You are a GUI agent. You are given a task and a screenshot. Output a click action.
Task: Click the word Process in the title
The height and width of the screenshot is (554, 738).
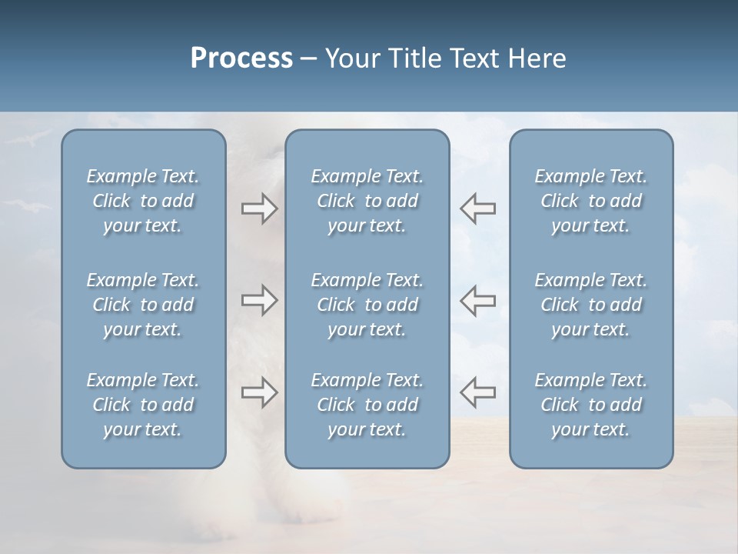pyautogui.click(x=241, y=58)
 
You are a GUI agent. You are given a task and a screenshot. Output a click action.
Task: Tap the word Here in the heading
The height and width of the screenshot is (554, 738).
pyautogui.click(x=537, y=58)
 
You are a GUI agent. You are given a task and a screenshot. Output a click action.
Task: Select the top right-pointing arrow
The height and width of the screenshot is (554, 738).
pyautogui.click(x=259, y=208)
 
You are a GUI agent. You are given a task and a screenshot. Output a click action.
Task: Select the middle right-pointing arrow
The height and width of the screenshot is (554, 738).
pyautogui.click(x=259, y=300)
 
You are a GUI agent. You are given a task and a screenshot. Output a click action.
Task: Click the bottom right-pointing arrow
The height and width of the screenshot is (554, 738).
pyautogui.click(x=259, y=392)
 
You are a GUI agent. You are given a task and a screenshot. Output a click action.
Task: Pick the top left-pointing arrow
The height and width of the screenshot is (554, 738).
pyautogui.click(x=478, y=208)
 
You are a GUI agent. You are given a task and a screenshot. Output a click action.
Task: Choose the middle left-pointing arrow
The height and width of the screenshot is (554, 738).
pyautogui.click(x=478, y=300)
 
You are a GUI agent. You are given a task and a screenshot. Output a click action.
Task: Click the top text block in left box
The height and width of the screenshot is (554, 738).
pyautogui.click(x=143, y=201)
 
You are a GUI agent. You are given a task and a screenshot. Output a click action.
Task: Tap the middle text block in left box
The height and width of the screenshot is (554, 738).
pyautogui.click(x=143, y=305)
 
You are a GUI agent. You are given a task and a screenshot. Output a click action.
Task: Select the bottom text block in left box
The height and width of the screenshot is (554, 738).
pyautogui.click(x=143, y=405)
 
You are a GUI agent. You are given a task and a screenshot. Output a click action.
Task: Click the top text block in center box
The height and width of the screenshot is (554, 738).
pyautogui.click(x=367, y=201)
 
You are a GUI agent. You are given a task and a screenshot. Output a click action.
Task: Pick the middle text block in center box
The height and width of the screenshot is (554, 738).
pyautogui.click(x=367, y=305)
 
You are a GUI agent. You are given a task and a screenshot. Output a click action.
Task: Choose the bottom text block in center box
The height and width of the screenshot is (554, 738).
pyautogui.click(x=367, y=405)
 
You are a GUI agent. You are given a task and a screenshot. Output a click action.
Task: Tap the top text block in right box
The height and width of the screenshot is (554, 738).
pyautogui.click(x=591, y=201)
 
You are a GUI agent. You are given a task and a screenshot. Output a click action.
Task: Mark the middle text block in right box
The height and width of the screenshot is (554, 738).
pyautogui.click(x=591, y=305)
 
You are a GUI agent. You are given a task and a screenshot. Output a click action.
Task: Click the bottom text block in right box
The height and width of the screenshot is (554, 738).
pyautogui.click(x=591, y=405)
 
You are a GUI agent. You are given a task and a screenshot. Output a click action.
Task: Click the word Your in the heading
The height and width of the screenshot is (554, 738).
pyautogui.click(x=347, y=58)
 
